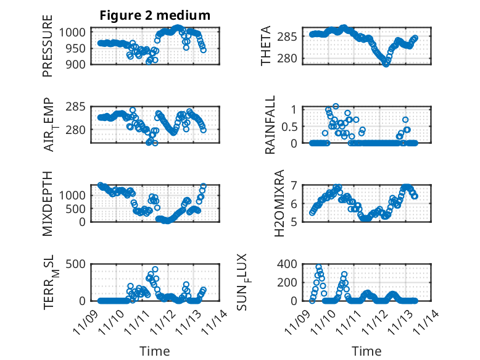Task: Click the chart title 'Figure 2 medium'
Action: coord(155,15)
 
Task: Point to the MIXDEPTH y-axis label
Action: coord(48,204)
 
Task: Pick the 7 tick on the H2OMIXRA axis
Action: coord(294,185)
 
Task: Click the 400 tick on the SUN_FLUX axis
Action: coord(291,264)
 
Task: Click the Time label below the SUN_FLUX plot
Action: coord(366,351)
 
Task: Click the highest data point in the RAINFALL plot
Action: coord(336,106)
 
